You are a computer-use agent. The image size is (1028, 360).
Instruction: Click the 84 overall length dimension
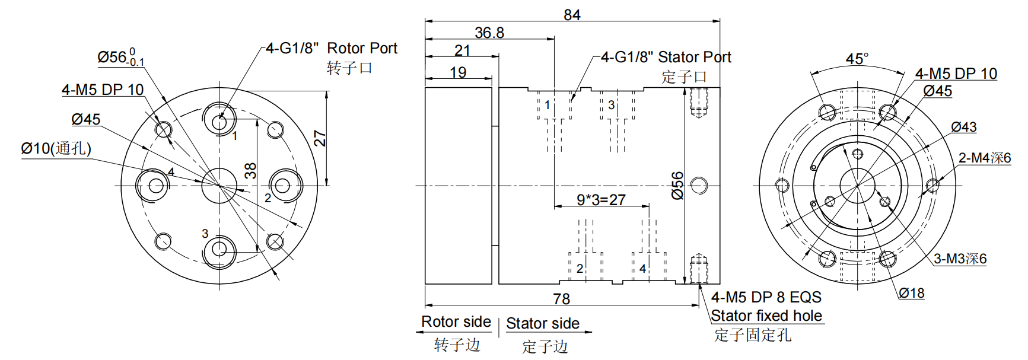tap(572, 14)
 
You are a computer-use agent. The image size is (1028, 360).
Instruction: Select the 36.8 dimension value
tap(489, 33)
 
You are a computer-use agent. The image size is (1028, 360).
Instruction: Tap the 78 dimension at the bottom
tap(561, 298)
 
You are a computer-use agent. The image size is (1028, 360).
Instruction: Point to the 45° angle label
tap(857, 59)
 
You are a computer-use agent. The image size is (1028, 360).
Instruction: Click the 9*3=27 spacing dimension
tap(601, 200)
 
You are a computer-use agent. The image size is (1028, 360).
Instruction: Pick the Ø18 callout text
tap(911, 293)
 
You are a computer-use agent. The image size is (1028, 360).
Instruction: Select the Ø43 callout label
tap(963, 127)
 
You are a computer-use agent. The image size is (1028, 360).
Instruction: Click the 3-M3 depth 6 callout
tap(960, 259)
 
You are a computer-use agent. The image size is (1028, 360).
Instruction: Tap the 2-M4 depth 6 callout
tap(985, 158)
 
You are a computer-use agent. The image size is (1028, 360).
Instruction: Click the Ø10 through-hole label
tap(56, 148)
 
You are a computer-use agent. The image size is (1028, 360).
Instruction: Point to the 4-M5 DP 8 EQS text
tap(766, 297)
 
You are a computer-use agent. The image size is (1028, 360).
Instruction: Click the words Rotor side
tap(456, 322)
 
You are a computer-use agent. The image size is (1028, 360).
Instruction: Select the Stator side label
tap(543, 323)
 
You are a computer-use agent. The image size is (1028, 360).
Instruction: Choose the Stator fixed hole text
tap(766, 316)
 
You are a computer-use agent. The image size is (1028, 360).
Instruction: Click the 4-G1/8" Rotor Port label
tap(331, 49)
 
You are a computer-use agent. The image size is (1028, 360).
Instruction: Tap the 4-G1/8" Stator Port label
tap(666, 58)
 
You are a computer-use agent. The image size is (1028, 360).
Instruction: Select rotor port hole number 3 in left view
tap(219, 249)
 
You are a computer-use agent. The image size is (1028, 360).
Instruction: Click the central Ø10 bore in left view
tap(219, 185)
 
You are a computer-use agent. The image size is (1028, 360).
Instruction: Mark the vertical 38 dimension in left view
tap(251, 171)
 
